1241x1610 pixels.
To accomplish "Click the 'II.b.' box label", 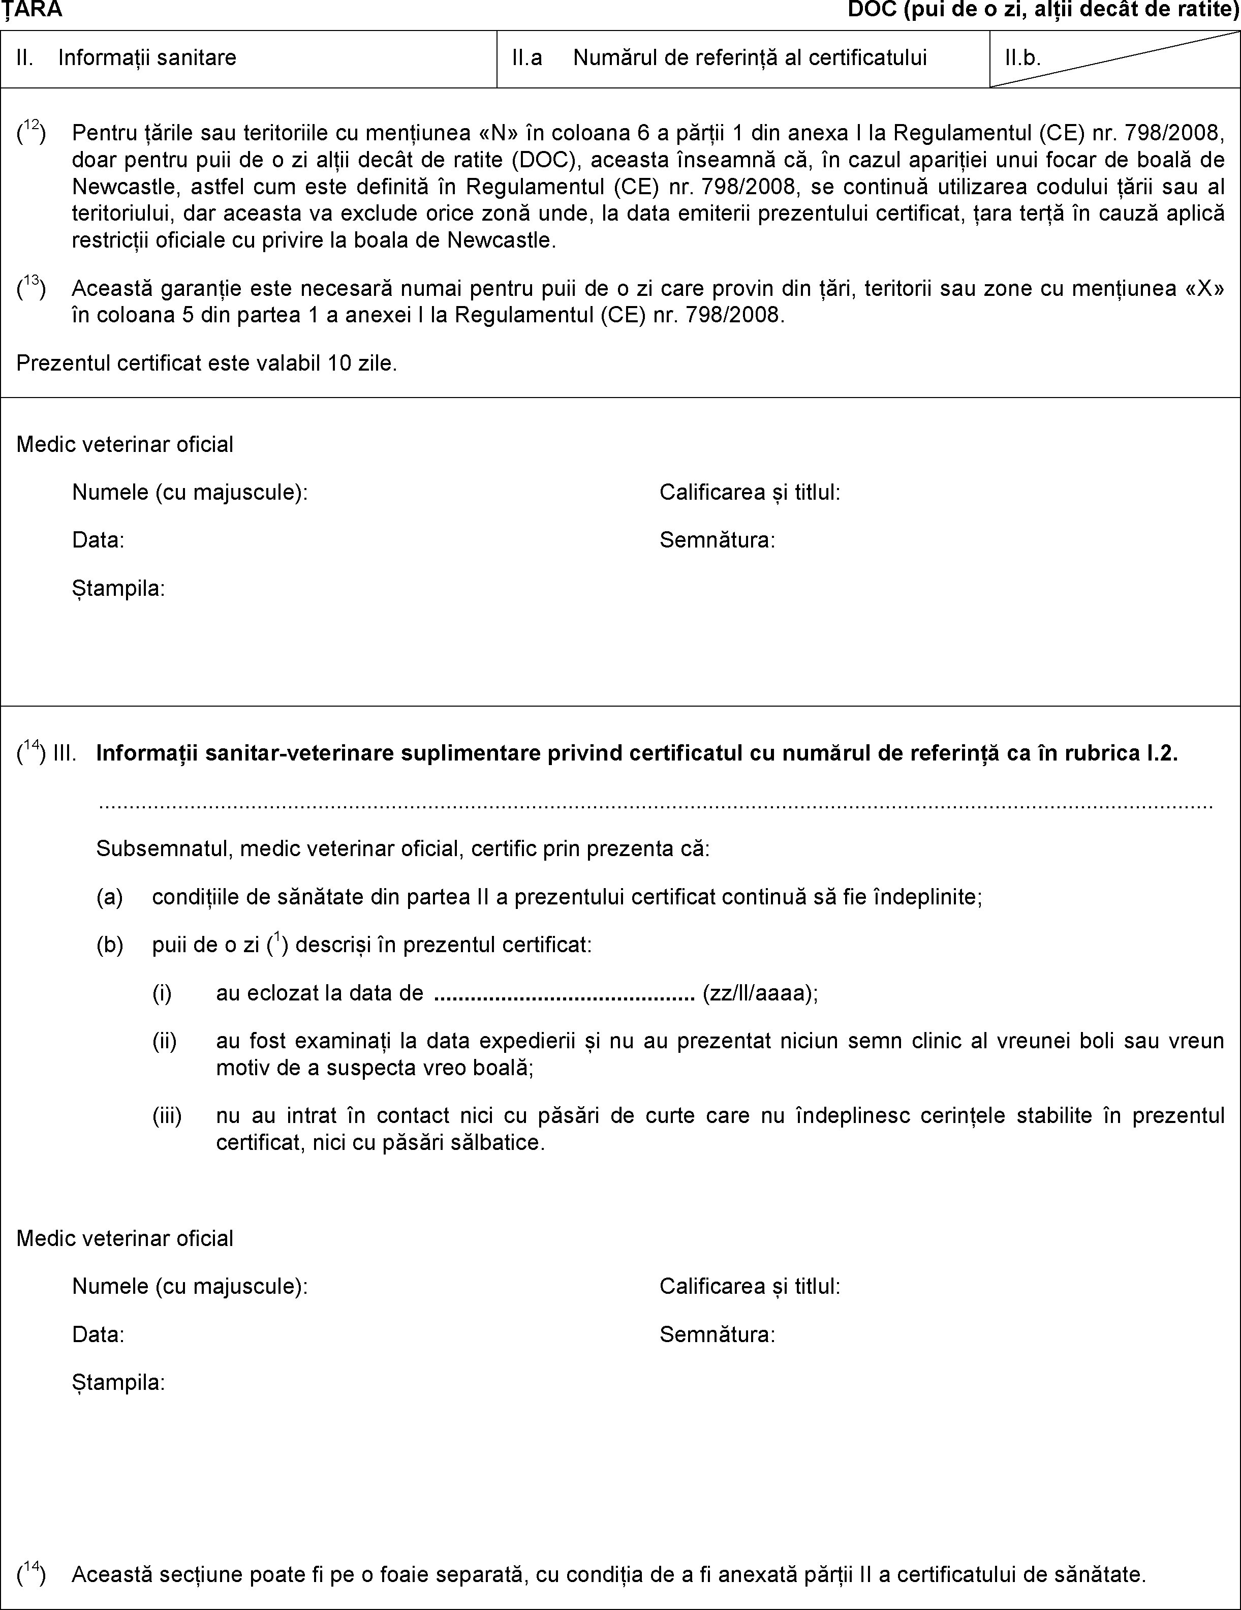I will point(1023,58).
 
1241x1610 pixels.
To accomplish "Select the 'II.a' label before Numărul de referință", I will point(527,58).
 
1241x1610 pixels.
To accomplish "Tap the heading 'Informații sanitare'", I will point(147,58).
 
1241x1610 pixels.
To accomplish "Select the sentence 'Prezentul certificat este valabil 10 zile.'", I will point(207,363).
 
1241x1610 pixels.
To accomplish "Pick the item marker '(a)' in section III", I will point(109,897).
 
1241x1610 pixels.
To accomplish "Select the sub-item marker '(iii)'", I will point(167,1115).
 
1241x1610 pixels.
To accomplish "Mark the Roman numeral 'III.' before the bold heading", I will point(65,754).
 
